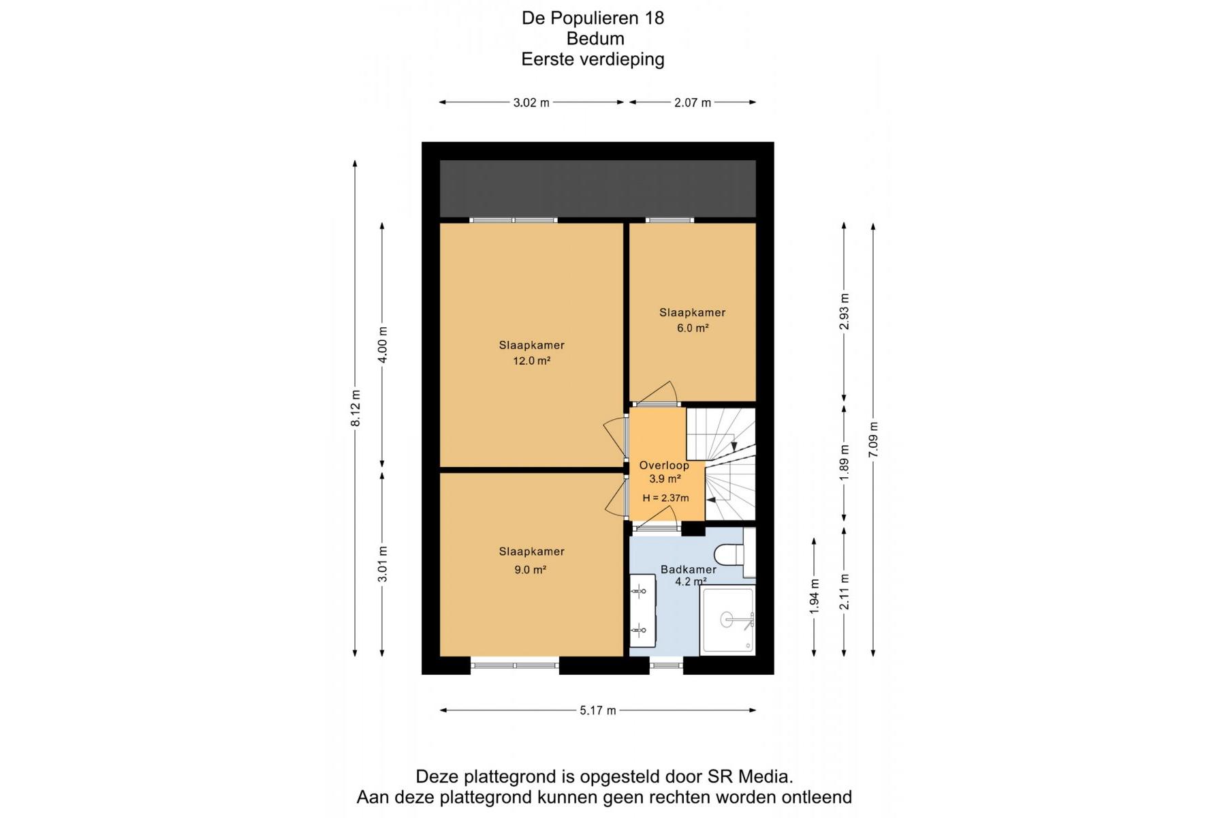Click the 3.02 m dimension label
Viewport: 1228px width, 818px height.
pyautogui.click(x=531, y=103)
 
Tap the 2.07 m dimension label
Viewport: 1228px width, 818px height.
pyautogui.click(x=693, y=103)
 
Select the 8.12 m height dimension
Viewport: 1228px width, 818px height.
pyautogui.click(x=356, y=408)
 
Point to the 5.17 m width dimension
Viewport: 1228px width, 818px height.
pyautogui.click(x=598, y=710)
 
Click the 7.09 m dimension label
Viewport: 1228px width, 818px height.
pyautogui.click(x=874, y=440)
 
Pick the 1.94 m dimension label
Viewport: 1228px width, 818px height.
pyautogui.click(x=815, y=596)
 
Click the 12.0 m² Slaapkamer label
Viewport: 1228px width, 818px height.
pyautogui.click(x=532, y=361)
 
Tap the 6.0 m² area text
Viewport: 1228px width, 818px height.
pyautogui.click(x=693, y=328)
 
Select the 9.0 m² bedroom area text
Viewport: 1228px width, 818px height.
pyautogui.click(x=531, y=570)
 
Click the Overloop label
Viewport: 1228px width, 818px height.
pyautogui.click(x=664, y=466)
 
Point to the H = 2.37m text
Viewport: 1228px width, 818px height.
pyautogui.click(x=666, y=498)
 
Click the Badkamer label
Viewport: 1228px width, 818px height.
pyautogui.click(x=689, y=569)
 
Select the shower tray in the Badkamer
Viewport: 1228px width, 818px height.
pyautogui.click(x=727, y=620)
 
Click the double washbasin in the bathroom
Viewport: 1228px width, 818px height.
pyautogui.click(x=642, y=610)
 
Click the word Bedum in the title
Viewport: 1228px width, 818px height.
pyautogui.click(x=595, y=39)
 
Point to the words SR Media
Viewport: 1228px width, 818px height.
pyautogui.click(x=750, y=776)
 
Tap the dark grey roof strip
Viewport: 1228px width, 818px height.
pyautogui.click(x=598, y=189)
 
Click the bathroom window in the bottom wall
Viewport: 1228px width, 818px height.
pyautogui.click(x=666, y=665)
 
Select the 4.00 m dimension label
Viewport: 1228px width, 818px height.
pyautogui.click(x=383, y=345)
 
